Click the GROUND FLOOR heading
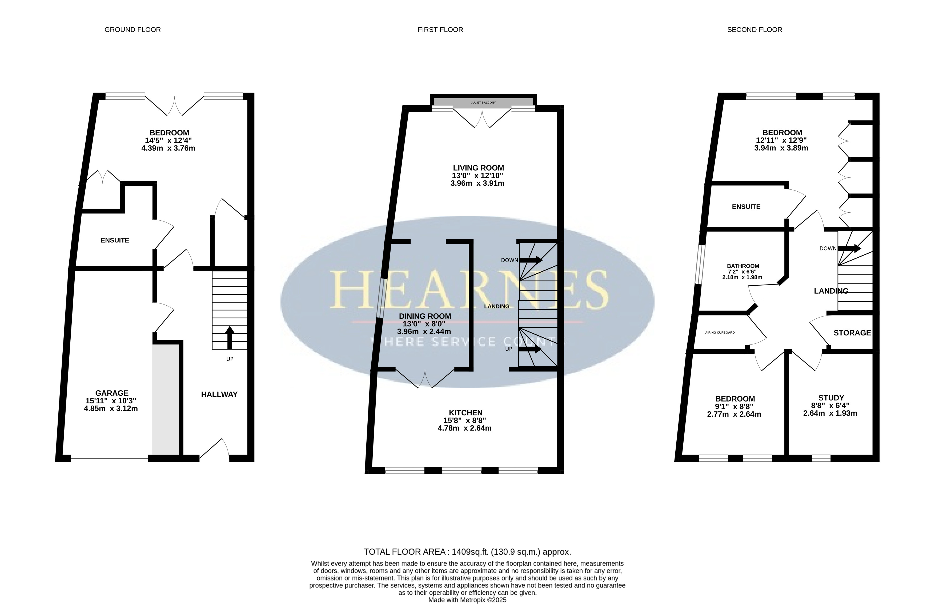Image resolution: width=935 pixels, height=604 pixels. point(133,30)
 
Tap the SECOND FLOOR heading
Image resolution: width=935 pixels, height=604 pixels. point(755,30)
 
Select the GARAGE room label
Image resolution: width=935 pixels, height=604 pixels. point(112,393)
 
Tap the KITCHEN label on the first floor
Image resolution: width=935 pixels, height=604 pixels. point(466,413)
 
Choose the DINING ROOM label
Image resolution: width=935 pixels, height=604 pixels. point(425,316)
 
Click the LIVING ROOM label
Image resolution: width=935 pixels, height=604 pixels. point(478,168)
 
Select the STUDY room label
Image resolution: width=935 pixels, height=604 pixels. point(831,398)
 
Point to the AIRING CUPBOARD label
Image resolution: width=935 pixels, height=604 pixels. point(720,333)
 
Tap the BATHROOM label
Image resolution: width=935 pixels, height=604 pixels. point(743,266)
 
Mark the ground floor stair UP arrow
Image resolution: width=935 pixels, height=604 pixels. point(230,338)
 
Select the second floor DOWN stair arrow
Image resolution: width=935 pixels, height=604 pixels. point(849,248)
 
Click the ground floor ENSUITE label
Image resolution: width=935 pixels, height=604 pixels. point(115,240)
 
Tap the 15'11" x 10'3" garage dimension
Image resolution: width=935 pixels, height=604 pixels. point(111,401)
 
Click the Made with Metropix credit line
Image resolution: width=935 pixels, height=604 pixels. point(467,600)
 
